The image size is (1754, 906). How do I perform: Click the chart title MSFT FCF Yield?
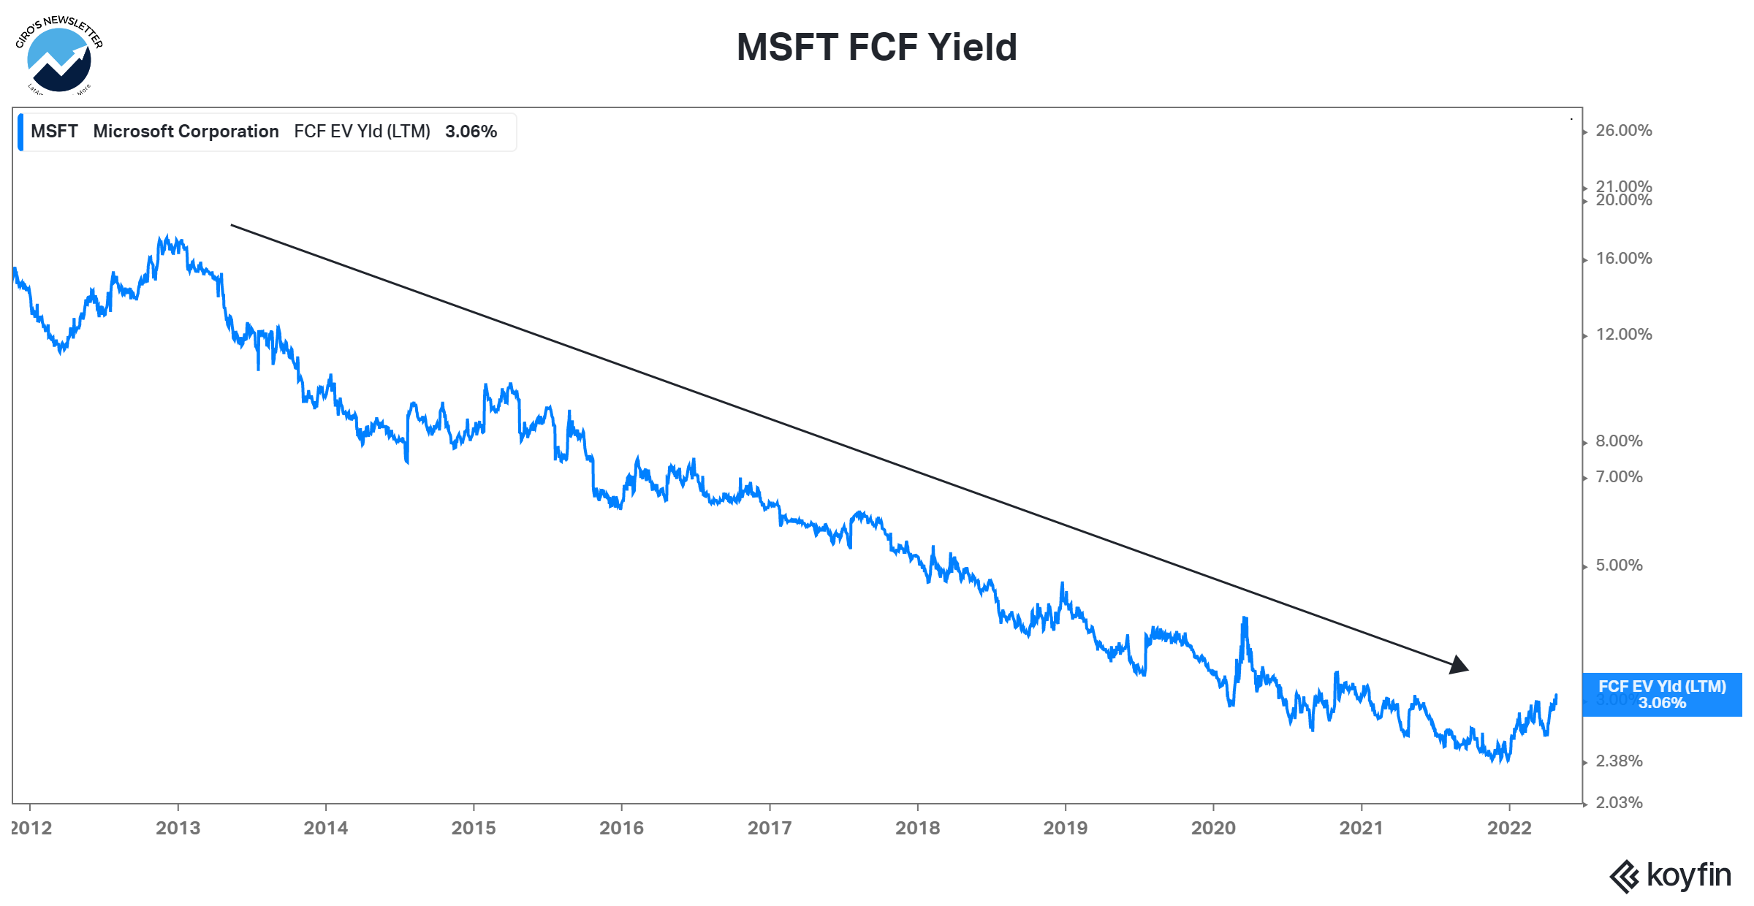(876, 47)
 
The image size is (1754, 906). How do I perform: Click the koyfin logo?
(1671, 876)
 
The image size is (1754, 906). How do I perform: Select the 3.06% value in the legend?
(471, 132)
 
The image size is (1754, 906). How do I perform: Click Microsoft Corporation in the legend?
(186, 132)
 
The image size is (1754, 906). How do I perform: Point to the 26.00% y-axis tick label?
(1623, 131)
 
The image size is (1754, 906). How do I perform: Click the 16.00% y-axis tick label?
(1623, 259)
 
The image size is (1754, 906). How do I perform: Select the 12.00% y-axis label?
(1623, 335)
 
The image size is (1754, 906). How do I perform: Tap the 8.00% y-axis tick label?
(1619, 441)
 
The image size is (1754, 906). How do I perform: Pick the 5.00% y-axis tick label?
(1619, 566)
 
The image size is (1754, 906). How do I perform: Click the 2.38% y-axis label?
(1619, 761)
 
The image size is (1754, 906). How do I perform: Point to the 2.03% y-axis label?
(1619, 803)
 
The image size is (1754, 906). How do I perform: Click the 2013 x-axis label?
(178, 828)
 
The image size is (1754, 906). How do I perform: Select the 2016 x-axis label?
(621, 828)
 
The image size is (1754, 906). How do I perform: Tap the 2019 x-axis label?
(1065, 828)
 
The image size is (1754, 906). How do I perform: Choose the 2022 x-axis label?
(1509, 828)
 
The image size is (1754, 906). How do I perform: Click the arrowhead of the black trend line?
(1459, 666)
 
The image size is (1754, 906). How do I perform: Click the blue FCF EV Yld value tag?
(1662, 695)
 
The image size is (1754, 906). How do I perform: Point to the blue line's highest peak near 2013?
(167, 237)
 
